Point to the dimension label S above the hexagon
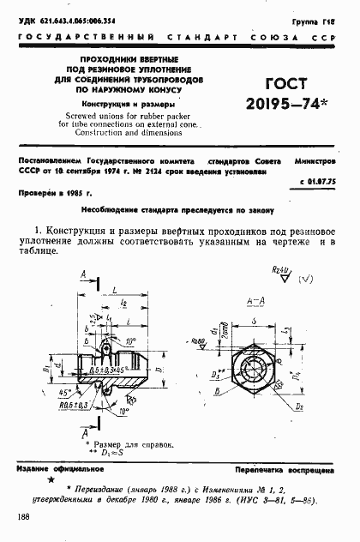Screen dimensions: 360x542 point(256,318)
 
